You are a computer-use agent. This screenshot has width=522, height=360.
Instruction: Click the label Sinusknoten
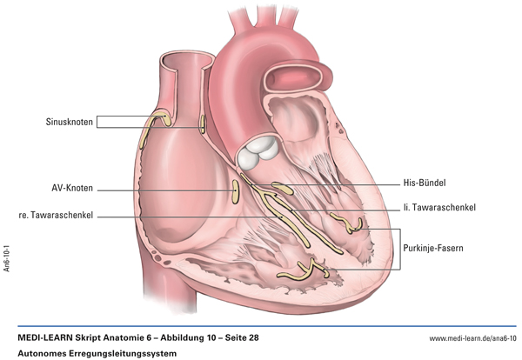70,122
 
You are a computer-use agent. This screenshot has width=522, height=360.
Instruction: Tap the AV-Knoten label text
72,188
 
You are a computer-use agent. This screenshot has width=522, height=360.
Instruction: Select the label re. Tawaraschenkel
56,216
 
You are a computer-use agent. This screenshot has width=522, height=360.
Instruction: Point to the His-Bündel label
425,183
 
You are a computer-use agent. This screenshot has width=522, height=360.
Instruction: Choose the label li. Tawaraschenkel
439,207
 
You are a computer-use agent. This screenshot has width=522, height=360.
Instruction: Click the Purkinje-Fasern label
433,248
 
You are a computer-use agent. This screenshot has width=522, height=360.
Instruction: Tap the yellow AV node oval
236,191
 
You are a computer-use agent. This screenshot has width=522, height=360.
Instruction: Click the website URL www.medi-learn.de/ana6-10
472,338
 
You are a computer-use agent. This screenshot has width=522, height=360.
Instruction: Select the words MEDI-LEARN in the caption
45,337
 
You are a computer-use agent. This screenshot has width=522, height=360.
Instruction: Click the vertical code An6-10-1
7,258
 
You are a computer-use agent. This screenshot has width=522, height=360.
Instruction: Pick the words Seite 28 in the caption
242,337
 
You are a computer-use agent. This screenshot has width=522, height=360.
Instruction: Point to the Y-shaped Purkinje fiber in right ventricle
304,270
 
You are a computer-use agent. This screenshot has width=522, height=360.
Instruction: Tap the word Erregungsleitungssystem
123,353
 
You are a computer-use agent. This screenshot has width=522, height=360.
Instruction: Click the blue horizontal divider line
267,326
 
